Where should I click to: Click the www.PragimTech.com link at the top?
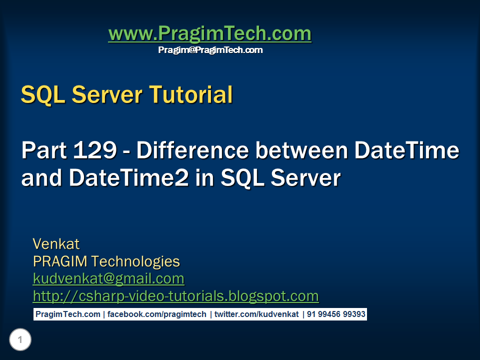click(x=209, y=34)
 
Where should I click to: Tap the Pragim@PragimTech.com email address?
click(x=210, y=50)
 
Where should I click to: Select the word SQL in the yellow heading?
click(x=43, y=95)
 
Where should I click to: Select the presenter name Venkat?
click(x=56, y=244)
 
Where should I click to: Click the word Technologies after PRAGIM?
click(x=135, y=261)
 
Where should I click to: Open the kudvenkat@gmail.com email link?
click(x=108, y=278)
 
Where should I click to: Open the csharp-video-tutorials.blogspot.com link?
click(x=175, y=296)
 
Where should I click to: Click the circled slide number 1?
click(x=20, y=340)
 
